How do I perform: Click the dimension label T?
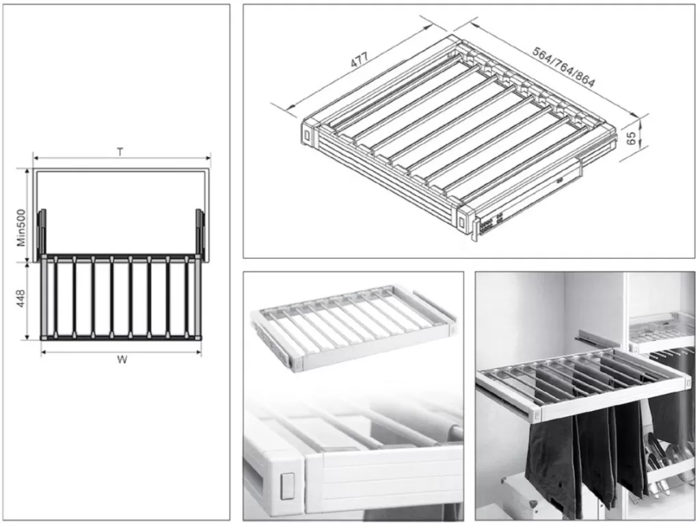point(120,152)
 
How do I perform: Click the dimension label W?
point(121,359)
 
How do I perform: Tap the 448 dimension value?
point(22,298)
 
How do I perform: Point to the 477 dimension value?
point(359,60)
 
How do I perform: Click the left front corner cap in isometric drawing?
point(310,133)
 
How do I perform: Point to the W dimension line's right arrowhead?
point(199,352)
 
